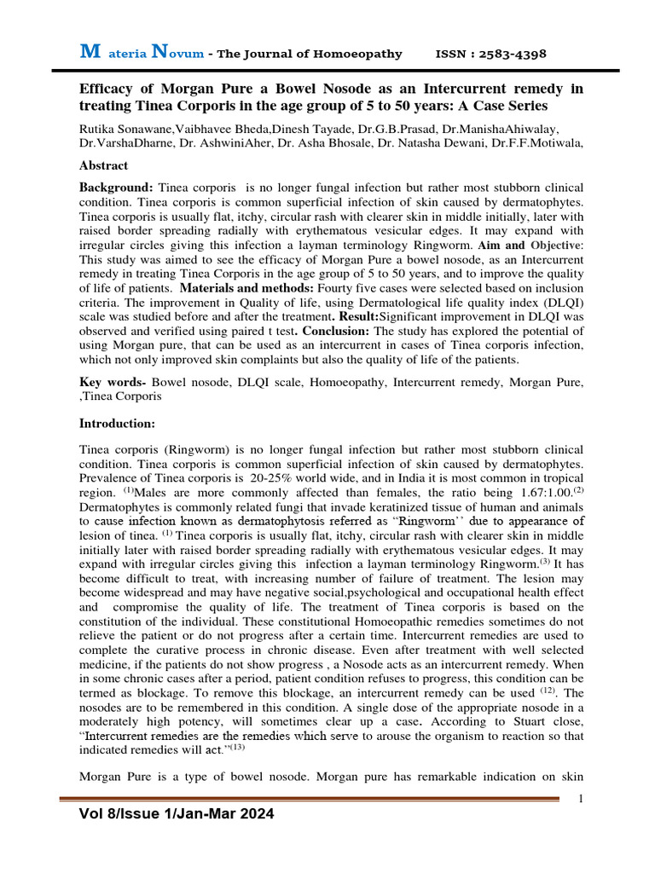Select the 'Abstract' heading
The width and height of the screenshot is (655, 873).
[x=103, y=165]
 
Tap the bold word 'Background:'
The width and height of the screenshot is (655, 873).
[x=116, y=187]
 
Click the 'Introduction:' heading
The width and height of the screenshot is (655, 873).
[x=118, y=423]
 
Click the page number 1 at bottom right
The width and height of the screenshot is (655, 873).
[x=580, y=798]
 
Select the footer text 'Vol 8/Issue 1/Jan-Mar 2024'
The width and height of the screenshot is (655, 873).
[x=177, y=815]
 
